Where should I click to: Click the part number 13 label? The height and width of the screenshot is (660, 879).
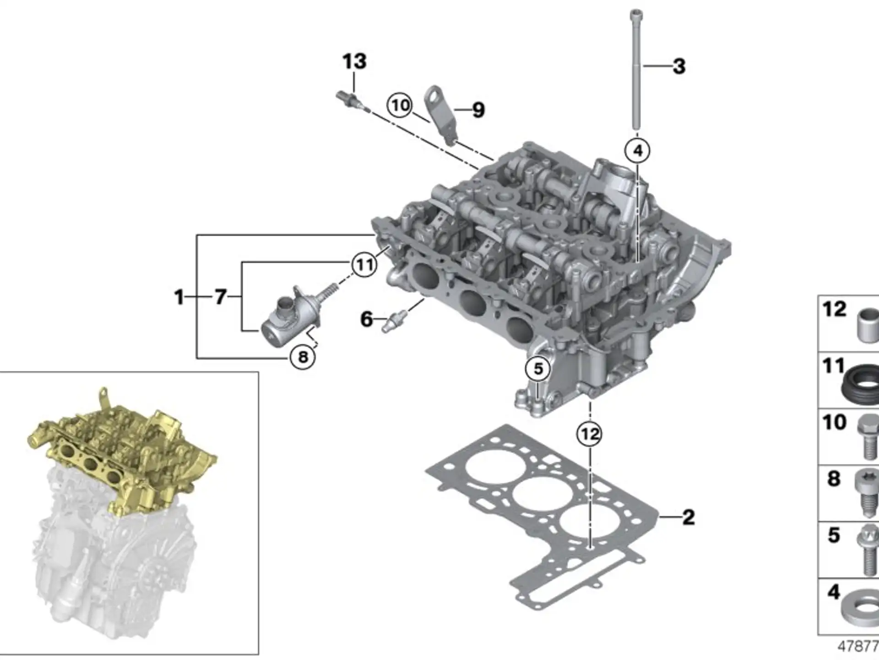coord(355,61)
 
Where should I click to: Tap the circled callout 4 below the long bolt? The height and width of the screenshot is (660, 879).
coord(638,150)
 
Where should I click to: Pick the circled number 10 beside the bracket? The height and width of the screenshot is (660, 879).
coord(400,105)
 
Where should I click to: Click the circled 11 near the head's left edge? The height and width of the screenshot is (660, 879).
coord(364,264)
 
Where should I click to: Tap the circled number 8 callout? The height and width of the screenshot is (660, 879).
coord(303,357)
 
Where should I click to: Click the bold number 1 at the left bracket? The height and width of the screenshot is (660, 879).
coord(179,297)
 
